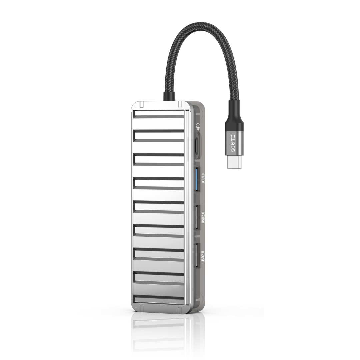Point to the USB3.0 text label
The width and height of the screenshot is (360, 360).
click(x=203, y=179)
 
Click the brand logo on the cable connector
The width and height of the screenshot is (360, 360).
click(x=233, y=143)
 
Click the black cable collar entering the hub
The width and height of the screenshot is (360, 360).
click(x=169, y=96)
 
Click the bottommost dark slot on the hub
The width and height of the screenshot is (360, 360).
click(x=158, y=297)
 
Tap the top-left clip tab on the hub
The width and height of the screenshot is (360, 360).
click(x=142, y=104)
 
